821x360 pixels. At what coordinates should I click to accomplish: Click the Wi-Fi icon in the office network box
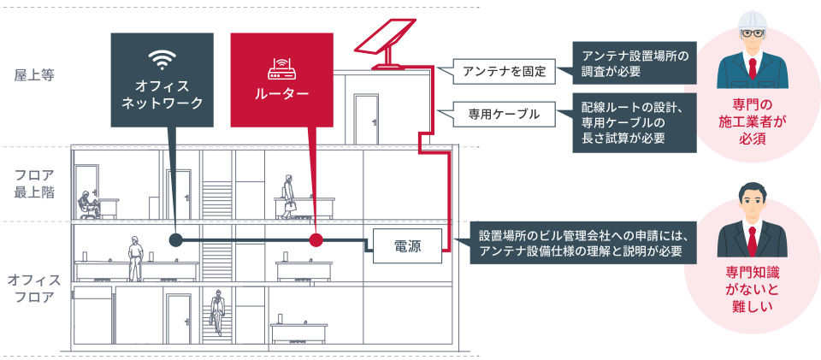click(x=162, y=60)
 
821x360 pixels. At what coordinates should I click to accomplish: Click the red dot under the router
click(x=316, y=240)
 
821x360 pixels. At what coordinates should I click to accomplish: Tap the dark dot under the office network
click(x=175, y=240)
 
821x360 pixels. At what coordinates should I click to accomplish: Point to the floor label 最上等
click(x=33, y=75)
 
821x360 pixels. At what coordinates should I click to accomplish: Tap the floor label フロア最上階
click(x=34, y=182)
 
